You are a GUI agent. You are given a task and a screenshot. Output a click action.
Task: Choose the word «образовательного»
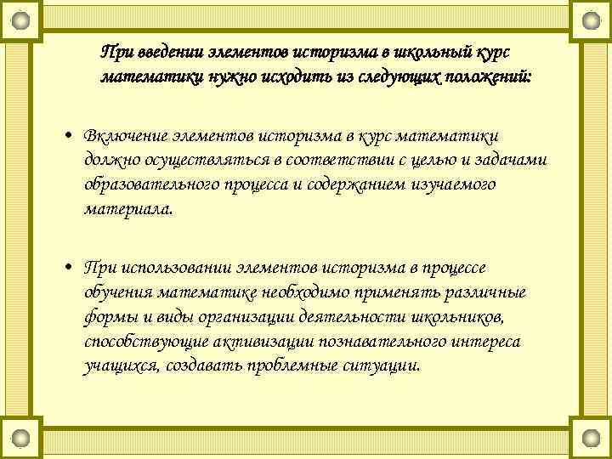pos(151,184)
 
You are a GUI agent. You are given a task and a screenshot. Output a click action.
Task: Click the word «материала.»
pos(128,208)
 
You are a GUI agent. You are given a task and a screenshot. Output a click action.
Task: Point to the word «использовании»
pos(173,269)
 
